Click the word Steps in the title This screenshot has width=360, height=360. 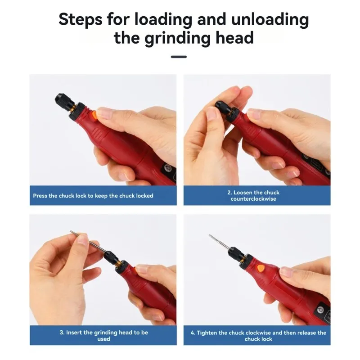[x=81, y=20]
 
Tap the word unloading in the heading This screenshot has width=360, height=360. [x=270, y=19]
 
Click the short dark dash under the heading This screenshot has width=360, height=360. [x=179, y=57]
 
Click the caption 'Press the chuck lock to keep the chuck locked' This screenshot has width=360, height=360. [x=93, y=196]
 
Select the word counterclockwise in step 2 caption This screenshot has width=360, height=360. [x=253, y=199]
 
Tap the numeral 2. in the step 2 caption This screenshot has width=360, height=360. [x=229, y=193]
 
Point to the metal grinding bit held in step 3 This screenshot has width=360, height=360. [x=88, y=242]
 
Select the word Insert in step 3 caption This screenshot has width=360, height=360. [x=74, y=333]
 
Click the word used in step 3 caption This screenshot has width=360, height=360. [x=104, y=339]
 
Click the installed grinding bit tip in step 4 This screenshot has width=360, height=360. [x=210, y=235]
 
